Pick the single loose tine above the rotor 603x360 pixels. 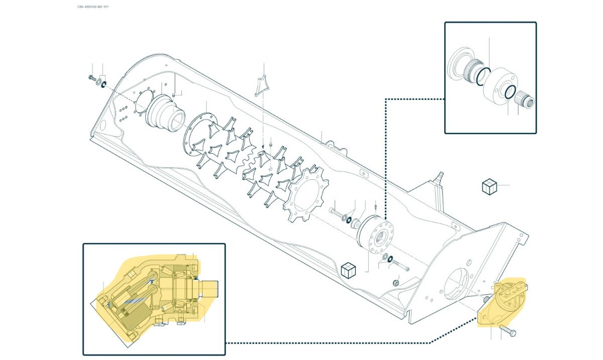coord(261,85)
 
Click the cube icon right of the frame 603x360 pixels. coord(489,187)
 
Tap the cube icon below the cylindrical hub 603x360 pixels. coord(348,270)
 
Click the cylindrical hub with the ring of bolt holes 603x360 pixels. coord(376,234)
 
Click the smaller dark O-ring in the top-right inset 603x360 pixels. coord(510,92)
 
